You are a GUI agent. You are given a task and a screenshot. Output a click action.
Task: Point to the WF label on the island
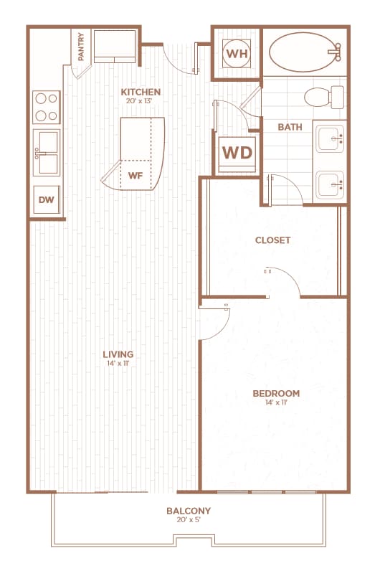[135, 174]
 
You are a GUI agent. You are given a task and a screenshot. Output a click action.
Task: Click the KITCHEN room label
[141, 92]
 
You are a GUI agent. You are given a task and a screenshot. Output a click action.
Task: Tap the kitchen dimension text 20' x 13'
[141, 101]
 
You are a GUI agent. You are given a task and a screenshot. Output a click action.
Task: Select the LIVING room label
[118, 354]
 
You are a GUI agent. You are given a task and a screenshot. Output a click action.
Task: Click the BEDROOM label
[276, 393]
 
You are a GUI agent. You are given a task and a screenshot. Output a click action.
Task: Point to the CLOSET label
[273, 240]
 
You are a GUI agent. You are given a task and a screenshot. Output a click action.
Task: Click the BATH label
[290, 128]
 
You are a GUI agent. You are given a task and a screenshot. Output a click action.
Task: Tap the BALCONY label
[189, 511]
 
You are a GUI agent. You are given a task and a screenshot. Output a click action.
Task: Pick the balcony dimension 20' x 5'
[189, 520]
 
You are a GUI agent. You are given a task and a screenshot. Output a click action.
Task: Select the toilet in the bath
[320, 95]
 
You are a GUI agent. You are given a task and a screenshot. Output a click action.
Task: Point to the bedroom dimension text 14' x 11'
[276, 402]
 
